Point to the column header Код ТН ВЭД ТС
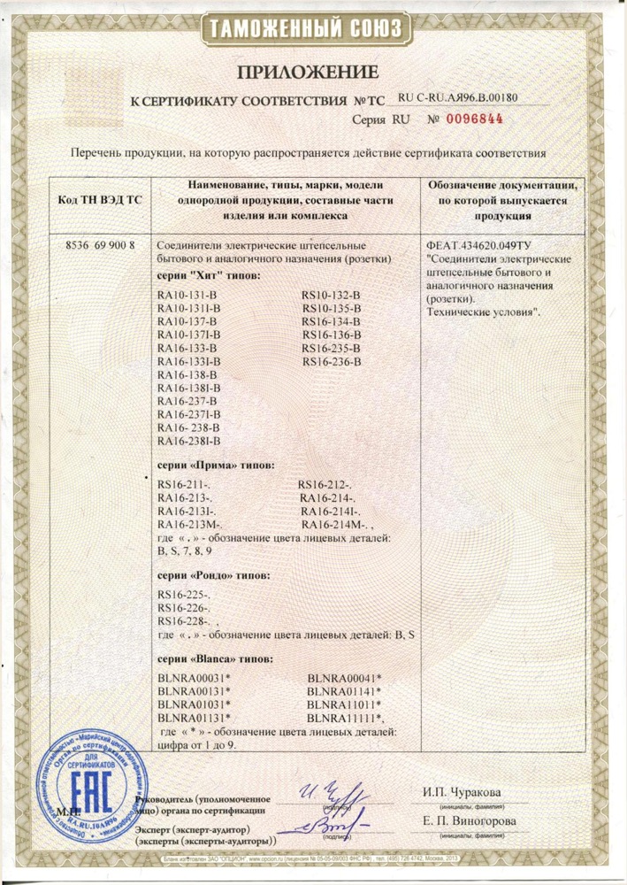99,200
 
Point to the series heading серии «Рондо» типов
214,575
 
